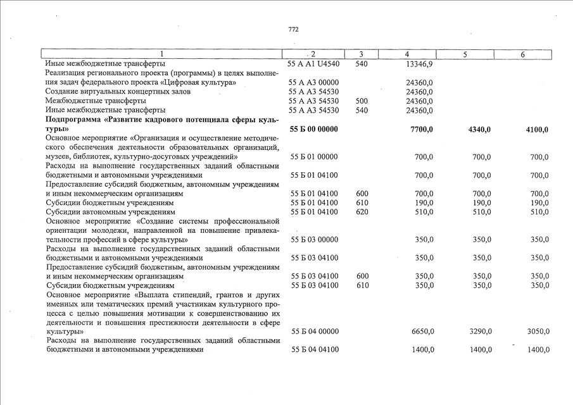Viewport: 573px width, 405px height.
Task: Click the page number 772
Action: pyautogui.click(x=293, y=29)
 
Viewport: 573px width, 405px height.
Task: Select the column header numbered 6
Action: pyautogui.click(x=523, y=55)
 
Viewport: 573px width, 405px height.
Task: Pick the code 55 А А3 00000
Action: pyautogui.click(x=313, y=82)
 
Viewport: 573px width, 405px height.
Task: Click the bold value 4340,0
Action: pyautogui.click(x=479, y=130)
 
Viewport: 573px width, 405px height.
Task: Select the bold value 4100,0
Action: pyautogui.click(x=536, y=130)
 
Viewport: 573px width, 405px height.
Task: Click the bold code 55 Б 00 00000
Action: pyautogui.click(x=313, y=130)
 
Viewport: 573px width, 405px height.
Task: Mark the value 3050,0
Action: pyautogui.click(x=536, y=332)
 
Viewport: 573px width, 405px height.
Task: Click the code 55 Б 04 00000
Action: pyautogui.click(x=313, y=332)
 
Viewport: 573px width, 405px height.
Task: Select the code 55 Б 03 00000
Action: pyautogui.click(x=313, y=240)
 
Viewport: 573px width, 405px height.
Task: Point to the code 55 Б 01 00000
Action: pyautogui.click(x=313, y=157)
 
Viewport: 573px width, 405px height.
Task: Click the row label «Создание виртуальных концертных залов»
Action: pyautogui.click(x=109, y=92)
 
